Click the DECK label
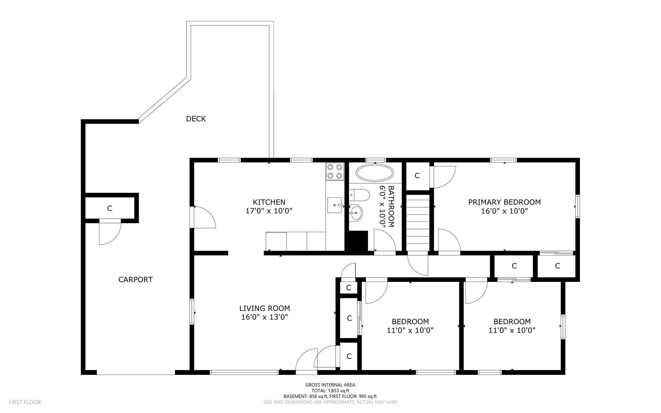[x=196, y=119]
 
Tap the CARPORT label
[x=135, y=280]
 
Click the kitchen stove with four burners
[x=334, y=171]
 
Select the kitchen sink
[x=334, y=205]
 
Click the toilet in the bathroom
[x=360, y=195]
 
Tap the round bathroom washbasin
[x=356, y=213]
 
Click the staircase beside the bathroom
[x=418, y=223]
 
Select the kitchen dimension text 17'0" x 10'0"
[x=269, y=211]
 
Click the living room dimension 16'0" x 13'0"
[x=264, y=317]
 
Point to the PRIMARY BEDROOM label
[x=504, y=202]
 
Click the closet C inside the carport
[x=109, y=209]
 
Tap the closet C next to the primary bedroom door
[x=417, y=176]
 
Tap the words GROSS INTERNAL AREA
[x=330, y=385]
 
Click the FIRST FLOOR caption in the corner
[x=25, y=402]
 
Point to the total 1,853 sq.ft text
[x=330, y=390]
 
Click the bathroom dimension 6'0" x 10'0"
[x=382, y=207]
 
